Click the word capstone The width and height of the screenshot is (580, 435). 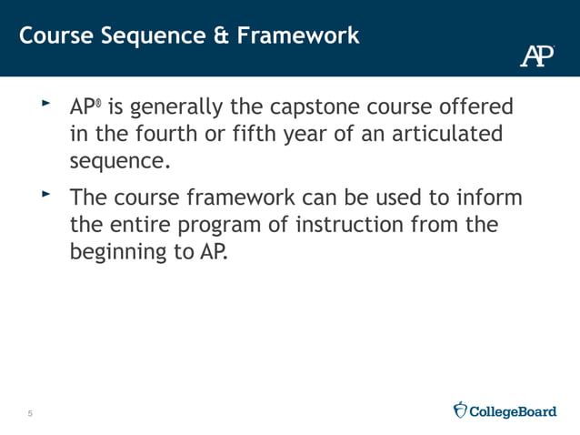pyautogui.click(x=314, y=107)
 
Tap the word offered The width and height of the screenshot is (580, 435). pyautogui.click(x=479, y=107)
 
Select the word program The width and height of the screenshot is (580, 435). pyautogui.click(x=227, y=226)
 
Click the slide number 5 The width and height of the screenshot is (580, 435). pyautogui.click(x=30, y=415)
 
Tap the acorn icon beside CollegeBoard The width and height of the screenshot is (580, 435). pyautogui.click(x=460, y=410)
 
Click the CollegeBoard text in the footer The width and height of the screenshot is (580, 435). pyautogui.click(x=513, y=411)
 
